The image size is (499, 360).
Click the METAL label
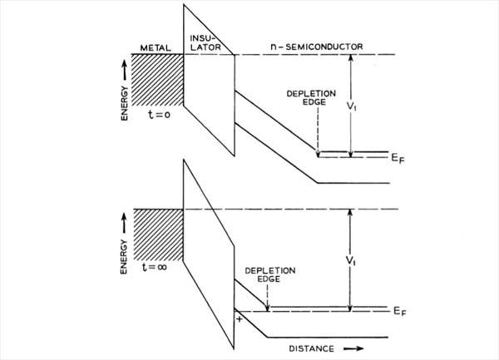pos(156,48)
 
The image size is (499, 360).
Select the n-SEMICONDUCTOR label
pos(317,47)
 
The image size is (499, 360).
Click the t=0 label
pos(159,114)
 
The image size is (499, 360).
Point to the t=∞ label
pos(155,267)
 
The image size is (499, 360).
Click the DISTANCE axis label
pos(312,348)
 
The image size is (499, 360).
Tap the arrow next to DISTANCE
pos(353,348)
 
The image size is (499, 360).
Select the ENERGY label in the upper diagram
pos(124,103)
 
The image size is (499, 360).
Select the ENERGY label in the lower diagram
pos(123,257)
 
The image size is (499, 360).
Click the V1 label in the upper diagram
pos(352,106)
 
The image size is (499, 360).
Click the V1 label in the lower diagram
pos(351,261)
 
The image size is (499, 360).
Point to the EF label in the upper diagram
pos(398,158)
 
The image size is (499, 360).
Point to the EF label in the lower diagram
pos(400,311)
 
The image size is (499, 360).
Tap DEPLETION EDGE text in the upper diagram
pos(311,98)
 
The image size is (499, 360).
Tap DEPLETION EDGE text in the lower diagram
pos(270,274)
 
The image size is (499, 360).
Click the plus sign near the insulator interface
pos(240,319)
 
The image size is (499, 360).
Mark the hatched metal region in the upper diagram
pos(157,80)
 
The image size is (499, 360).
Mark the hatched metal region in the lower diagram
pos(158,235)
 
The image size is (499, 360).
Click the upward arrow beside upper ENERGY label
pos(125,71)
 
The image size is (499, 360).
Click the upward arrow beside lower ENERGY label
pos(124,224)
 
